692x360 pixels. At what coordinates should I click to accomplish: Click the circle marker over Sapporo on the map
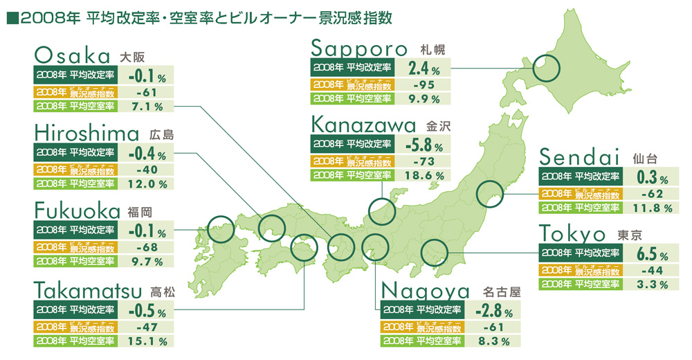(546, 69)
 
